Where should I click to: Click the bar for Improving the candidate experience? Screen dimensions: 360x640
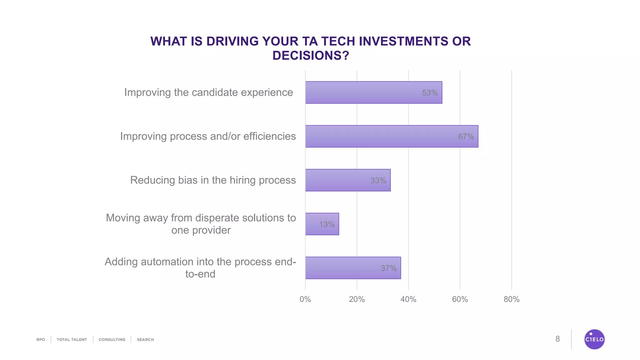(373, 92)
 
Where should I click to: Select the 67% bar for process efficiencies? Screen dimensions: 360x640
(392, 136)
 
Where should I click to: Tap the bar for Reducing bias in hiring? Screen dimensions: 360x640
(348, 180)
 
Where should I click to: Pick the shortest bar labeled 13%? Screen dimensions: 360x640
(322, 224)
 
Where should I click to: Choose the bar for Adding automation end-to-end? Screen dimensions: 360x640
(353, 268)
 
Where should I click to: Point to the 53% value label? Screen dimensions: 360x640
(430, 93)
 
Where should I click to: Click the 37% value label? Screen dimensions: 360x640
(388, 268)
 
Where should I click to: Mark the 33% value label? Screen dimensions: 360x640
(378, 181)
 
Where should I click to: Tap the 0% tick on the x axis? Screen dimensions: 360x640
(305, 299)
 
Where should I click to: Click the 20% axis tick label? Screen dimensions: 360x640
(357, 299)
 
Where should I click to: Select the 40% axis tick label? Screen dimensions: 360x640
(408, 299)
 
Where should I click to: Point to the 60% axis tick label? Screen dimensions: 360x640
(460, 299)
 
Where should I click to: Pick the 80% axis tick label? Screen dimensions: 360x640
(511, 299)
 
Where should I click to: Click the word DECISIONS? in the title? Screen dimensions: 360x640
(310, 56)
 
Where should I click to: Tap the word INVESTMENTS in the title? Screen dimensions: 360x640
(397, 41)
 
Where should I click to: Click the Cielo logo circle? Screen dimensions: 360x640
(594, 339)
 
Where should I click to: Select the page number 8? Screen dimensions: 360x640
(557, 339)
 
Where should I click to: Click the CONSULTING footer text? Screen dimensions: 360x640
(112, 340)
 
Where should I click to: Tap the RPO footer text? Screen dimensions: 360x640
(41, 340)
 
